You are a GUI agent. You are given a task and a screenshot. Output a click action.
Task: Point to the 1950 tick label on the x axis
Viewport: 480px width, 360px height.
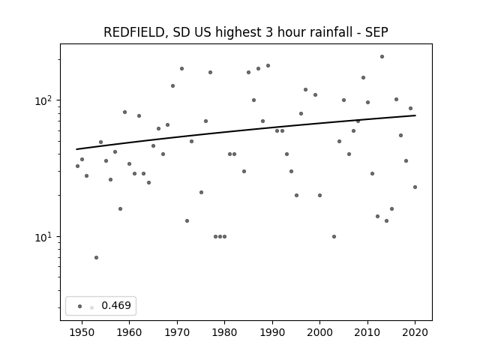click(82, 332)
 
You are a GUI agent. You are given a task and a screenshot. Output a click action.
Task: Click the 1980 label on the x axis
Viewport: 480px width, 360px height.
click(224, 332)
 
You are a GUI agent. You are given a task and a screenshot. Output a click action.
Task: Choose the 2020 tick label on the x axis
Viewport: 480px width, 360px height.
click(415, 332)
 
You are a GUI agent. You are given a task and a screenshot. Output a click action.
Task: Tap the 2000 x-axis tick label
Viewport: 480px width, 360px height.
click(319, 332)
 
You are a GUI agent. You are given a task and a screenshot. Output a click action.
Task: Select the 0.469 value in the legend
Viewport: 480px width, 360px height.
click(116, 305)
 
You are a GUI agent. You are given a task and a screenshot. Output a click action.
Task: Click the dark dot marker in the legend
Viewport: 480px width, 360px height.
click(80, 306)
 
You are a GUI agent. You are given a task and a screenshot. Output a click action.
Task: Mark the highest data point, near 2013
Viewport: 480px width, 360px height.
click(382, 57)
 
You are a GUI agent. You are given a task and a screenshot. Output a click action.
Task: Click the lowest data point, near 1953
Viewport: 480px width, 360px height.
click(97, 258)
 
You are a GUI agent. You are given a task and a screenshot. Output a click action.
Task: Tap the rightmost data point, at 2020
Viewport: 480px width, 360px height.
click(415, 187)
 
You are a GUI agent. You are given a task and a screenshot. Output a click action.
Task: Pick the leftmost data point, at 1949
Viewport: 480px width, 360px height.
click(77, 166)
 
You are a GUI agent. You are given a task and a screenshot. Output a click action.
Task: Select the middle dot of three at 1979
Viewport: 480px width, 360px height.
click(220, 237)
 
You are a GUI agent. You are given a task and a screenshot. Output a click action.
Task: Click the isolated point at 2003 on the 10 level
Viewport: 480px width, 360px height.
click(334, 237)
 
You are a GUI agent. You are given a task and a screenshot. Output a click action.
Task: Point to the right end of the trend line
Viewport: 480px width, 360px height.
click(415, 115)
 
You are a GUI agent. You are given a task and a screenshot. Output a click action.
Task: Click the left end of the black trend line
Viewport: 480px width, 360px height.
click(76, 149)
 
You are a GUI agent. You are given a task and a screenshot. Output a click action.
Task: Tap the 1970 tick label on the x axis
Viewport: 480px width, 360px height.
click(177, 332)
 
